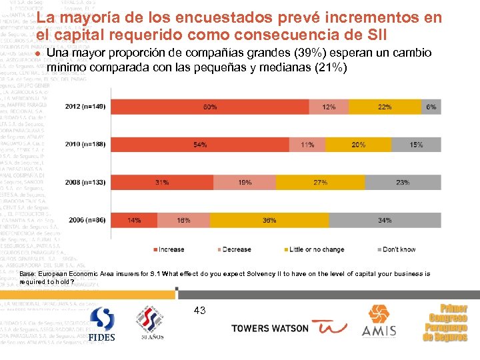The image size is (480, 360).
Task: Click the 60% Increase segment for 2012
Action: pyautogui.click(x=210, y=107)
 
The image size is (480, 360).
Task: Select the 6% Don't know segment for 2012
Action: pyautogui.click(x=431, y=107)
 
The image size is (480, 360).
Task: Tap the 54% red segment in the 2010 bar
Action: pyautogui.click(x=199, y=144)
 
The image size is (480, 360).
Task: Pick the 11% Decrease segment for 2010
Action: pyautogui.click(x=307, y=144)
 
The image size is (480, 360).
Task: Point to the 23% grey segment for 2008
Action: pyautogui.click(x=402, y=181)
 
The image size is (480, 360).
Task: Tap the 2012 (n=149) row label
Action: pyautogui.click(x=86, y=107)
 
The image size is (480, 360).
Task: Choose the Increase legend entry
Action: pyautogui.click(x=171, y=249)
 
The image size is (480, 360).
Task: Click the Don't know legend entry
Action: pyautogui.click(x=399, y=249)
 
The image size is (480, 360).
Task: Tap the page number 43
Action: pyautogui.click(x=199, y=310)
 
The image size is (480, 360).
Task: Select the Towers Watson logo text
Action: pyautogui.click(x=269, y=328)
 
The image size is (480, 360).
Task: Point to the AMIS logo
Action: pyautogui.click(x=379, y=321)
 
